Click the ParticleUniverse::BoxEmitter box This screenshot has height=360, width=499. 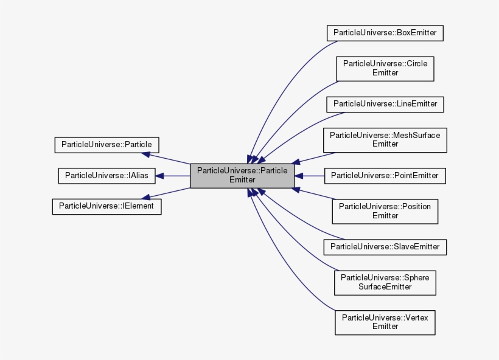(385, 33)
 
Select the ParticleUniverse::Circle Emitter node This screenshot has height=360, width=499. (385, 68)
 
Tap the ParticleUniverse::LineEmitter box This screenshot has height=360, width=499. (385, 104)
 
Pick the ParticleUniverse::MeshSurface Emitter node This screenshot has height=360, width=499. (385, 140)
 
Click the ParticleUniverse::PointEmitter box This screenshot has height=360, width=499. (385, 176)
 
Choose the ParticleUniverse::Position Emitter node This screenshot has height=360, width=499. (385, 211)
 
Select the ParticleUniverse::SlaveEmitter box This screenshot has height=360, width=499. (385, 247)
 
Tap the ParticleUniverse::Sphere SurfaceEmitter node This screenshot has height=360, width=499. (385, 282)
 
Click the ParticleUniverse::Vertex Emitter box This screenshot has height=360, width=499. (385, 322)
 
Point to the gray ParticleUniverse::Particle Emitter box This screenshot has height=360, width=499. (242, 176)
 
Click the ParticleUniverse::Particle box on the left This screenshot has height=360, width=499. (106, 145)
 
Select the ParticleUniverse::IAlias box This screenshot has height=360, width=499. (106, 176)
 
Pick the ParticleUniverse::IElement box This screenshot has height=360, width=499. (106, 206)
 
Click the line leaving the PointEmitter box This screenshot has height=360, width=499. (313, 176)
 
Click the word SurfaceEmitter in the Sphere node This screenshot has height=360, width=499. (385, 286)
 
